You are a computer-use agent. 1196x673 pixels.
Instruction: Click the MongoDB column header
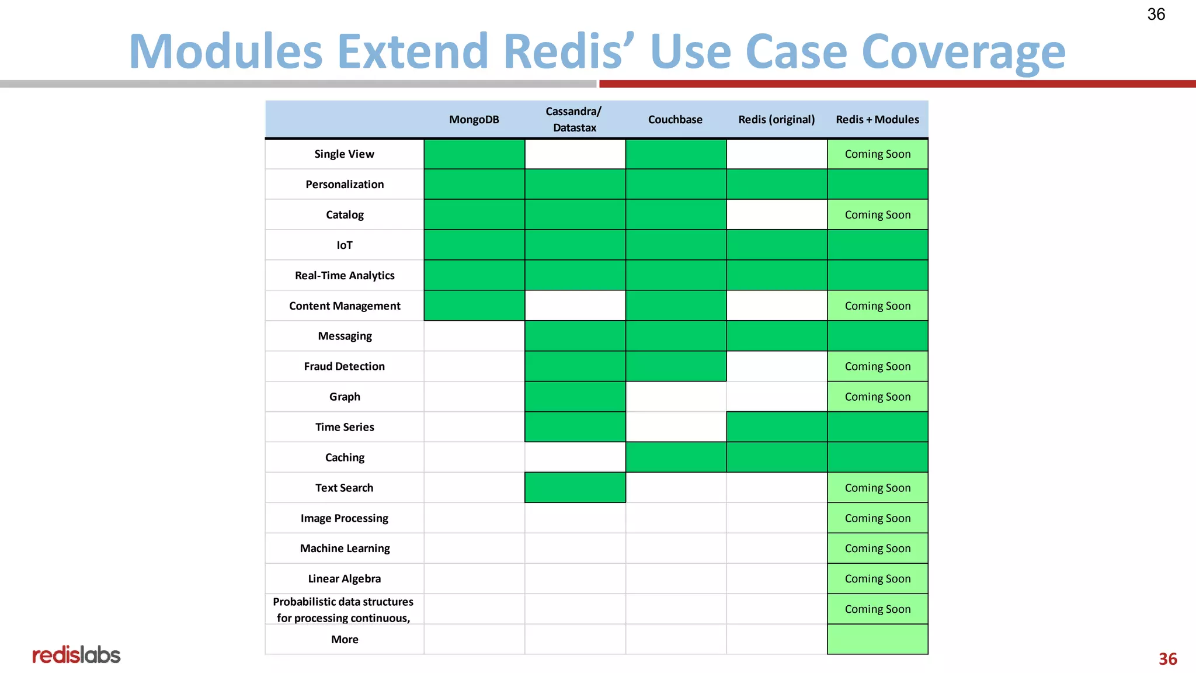click(474, 120)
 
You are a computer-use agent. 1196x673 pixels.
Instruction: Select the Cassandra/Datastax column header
click(574, 119)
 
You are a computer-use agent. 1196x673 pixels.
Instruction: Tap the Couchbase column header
click(675, 120)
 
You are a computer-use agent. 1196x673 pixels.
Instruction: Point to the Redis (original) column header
click(776, 120)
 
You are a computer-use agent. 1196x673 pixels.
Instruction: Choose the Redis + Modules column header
click(877, 120)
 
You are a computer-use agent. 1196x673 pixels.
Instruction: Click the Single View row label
click(344, 154)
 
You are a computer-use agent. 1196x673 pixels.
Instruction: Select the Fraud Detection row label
click(344, 366)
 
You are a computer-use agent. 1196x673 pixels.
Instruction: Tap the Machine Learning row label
click(345, 548)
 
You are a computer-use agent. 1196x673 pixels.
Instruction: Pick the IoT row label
click(344, 245)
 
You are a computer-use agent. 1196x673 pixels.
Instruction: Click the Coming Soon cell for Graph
click(877, 397)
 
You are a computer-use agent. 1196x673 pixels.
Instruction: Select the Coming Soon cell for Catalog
click(877, 215)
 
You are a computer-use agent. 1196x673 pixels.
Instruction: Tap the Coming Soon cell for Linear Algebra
click(877, 578)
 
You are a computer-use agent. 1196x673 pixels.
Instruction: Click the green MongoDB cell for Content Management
click(474, 306)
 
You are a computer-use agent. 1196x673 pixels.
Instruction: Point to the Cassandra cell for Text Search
click(575, 487)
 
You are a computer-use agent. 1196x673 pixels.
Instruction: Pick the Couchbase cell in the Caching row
click(676, 457)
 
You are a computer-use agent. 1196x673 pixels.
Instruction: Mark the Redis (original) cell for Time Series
click(776, 426)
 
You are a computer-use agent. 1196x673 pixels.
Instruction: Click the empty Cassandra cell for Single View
click(575, 154)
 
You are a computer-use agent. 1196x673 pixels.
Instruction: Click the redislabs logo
click(76, 655)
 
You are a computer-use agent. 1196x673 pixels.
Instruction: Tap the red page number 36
click(1167, 659)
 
